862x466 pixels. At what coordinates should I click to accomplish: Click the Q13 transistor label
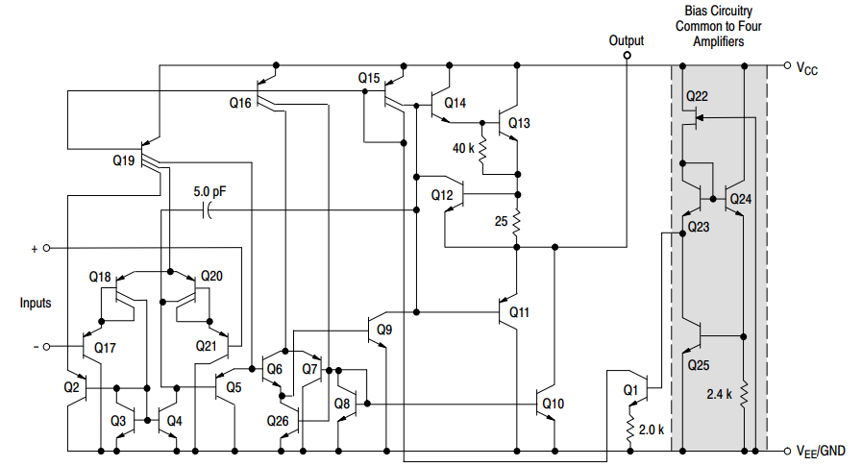(519, 123)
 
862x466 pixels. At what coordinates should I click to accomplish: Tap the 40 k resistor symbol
(482, 149)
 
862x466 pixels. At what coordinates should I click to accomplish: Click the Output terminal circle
(627, 56)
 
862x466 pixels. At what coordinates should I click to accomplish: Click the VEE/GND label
(820, 451)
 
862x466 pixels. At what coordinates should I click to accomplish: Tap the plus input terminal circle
(46, 248)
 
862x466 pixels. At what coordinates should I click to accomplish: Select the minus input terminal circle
(46, 346)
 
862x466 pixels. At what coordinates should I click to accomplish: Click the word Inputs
(36, 303)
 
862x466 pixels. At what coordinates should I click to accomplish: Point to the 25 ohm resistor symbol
(517, 223)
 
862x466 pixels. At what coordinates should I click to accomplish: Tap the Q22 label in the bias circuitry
(697, 96)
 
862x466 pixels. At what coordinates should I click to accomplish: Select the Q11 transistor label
(519, 312)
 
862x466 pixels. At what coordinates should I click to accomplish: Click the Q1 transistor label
(630, 390)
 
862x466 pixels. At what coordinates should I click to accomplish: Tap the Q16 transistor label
(241, 102)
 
